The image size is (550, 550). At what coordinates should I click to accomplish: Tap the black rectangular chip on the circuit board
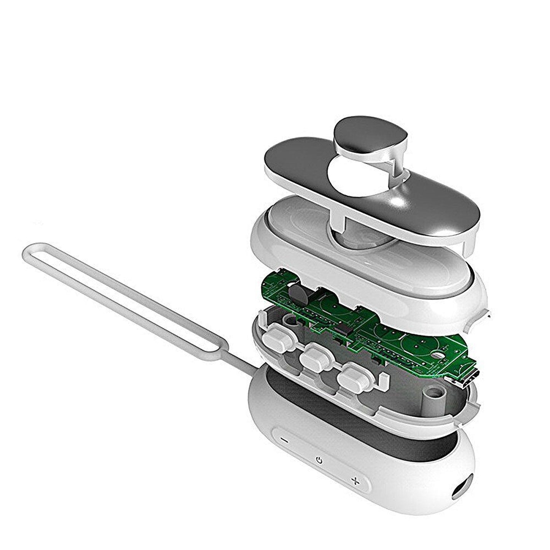(x=341, y=328)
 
